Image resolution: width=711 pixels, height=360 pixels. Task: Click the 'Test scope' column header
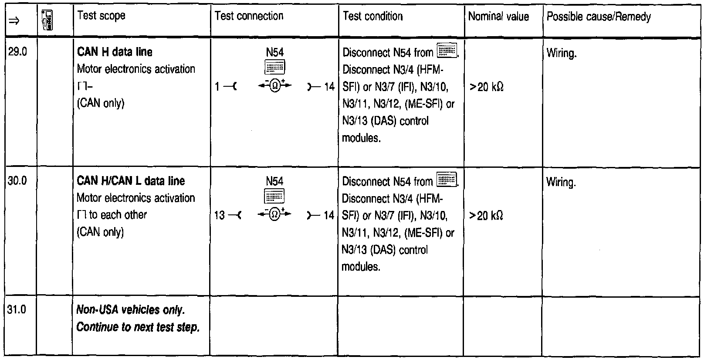pos(101,16)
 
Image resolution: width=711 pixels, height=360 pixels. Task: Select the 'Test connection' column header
pos(249,16)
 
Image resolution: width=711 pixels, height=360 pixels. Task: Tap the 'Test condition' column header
pos(372,16)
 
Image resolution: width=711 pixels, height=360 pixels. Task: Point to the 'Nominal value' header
pos(498,17)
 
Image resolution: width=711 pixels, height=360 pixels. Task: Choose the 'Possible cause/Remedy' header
pos(599,17)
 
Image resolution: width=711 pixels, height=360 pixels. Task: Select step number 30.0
pos(18,180)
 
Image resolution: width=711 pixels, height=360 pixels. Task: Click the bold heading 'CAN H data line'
pos(115,52)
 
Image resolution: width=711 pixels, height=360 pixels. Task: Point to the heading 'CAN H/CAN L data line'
pos(131,180)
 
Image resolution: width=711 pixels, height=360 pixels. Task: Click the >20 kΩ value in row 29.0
pos(486,87)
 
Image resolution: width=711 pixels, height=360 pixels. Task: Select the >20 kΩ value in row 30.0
pos(486,216)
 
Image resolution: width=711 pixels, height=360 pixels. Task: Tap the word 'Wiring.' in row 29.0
pos(562,54)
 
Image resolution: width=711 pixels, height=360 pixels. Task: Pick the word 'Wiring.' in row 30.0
pos(561,182)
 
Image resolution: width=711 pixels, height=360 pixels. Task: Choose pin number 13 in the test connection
pos(220,215)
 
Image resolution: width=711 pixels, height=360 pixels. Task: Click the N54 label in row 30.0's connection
pos(274,181)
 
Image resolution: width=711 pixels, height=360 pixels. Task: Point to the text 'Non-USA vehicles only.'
pos(131,310)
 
